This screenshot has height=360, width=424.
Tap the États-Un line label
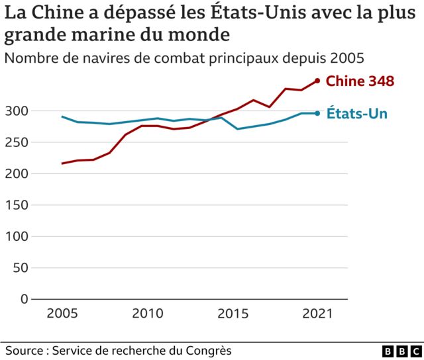[x=356, y=114]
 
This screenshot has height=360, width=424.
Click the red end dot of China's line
[x=317, y=81]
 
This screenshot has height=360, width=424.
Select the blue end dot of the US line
[x=317, y=113]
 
